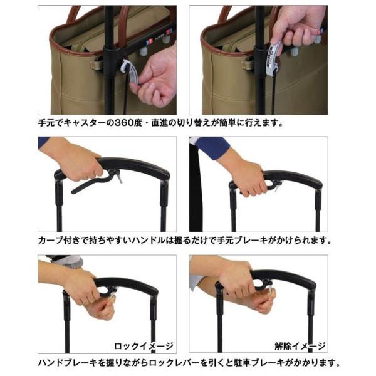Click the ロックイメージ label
tap(144, 346)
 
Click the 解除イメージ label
tap(300, 346)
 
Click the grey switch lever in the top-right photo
tap(273, 58)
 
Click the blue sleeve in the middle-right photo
tap(211, 147)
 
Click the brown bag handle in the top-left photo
tap(75, 14)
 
